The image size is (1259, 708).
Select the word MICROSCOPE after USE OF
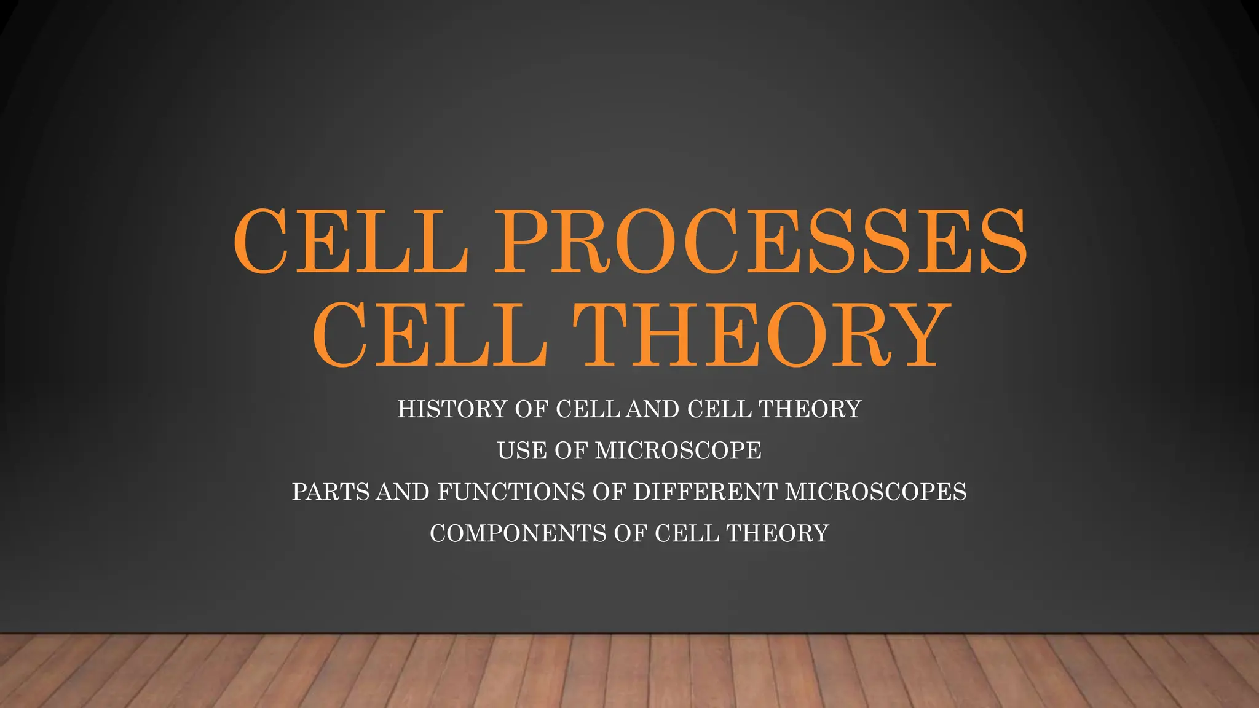(678, 450)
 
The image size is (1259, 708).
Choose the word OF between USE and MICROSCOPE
(571, 450)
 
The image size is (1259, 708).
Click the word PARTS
(331, 492)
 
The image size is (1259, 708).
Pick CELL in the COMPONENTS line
(687, 533)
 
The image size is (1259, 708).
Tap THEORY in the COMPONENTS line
(778, 533)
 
